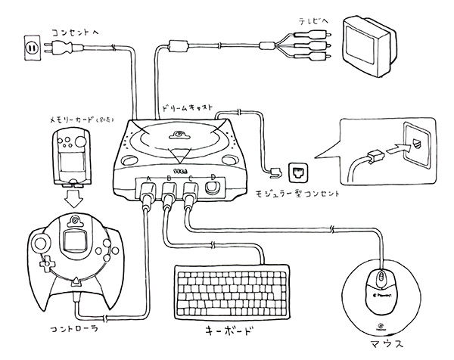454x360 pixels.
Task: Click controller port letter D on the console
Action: (x=213, y=178)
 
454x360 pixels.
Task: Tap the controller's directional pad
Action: (x=43, y=264)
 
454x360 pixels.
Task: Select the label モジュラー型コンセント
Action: (x=296, y=194)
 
